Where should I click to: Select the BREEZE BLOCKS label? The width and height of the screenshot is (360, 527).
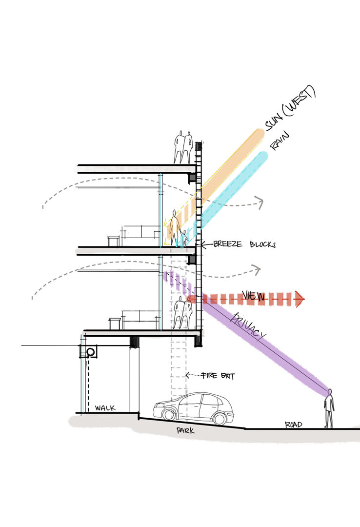(x=244, y=244)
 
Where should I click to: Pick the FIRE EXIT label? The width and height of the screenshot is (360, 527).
(x=218, y=376)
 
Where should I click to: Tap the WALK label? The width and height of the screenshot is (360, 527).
(x=105, y=408)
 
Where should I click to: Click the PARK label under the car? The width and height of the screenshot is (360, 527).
(x=185, y=431)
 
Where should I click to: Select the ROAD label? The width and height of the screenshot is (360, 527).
(x=294, y=425)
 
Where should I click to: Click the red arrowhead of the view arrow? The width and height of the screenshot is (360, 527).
(x=299, y=299)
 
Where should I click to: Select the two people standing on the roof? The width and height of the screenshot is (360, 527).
(x=183, y=147)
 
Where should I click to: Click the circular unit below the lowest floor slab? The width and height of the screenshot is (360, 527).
(x=90, y=352)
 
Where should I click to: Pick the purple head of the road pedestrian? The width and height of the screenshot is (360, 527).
(x=330, y=391)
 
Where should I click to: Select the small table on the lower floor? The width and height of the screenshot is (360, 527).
(x=115, y=324)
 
